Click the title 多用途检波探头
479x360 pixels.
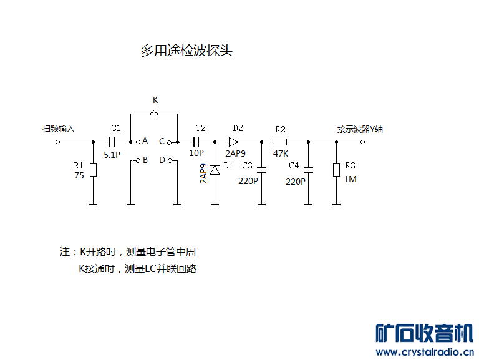coord(186,51)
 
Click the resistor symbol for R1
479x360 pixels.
coord(93,170)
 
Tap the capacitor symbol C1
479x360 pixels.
coord(115,142)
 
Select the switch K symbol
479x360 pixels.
coord(154,113)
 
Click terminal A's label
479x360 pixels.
coord(145,141)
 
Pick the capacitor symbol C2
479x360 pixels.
coord(200,142)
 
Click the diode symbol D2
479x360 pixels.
coord(235,142)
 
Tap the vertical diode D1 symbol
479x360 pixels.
coord(215,170)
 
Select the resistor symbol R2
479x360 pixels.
coord(280,142)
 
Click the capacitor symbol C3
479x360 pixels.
coord(261,168)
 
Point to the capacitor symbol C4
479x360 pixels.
coord(308,168)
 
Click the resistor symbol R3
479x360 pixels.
coord(336,170)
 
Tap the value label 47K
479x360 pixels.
coord(280,153)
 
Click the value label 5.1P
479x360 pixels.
coord(112,153)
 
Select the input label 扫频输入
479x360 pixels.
coord(59,129)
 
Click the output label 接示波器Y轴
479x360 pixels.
coord(360,129)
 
